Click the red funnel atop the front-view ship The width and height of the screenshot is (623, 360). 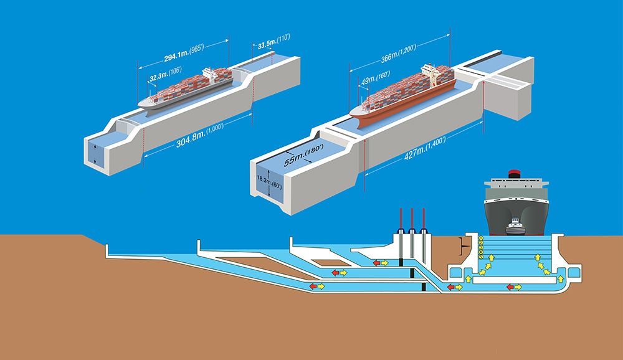click(x=514, y=173)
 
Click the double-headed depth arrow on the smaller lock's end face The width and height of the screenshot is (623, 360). click(x=95, y=153)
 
